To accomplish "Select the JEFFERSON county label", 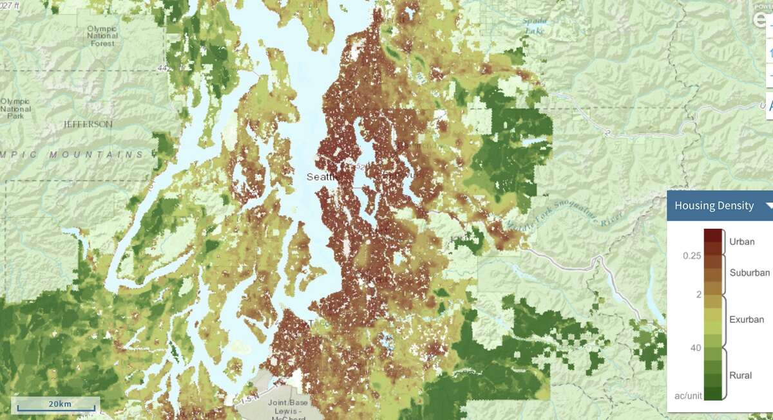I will [88, 124].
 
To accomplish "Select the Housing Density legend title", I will [713, 206].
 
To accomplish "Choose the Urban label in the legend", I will [741, 242].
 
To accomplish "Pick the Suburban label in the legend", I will [749, 273].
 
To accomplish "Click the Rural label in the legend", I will [740, 375].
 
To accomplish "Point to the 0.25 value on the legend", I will [692, 256].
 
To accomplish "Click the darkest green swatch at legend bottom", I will [712, 394].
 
